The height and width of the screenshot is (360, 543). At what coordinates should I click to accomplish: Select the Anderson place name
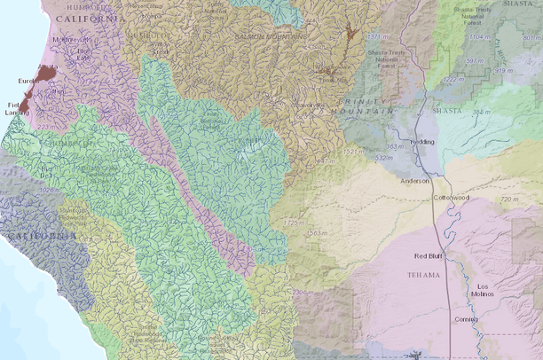[x=414, y=181]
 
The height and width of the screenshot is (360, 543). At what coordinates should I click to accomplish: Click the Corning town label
[x=466, y=318]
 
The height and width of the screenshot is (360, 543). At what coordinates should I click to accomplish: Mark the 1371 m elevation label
[x=379, y=37]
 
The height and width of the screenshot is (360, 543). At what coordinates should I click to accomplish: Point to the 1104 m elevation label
[x=483, y=37]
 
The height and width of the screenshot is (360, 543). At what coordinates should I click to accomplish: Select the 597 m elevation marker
[x=478, y=60]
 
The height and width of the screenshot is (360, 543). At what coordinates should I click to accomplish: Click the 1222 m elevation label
[x=454, y=80]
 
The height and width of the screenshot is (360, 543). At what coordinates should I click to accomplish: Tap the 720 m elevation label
[x=508, y=200]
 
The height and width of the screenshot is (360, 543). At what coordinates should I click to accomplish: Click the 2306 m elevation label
[x=303, y=293]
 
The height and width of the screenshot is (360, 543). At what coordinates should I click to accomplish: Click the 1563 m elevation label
[x=317, y=233]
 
